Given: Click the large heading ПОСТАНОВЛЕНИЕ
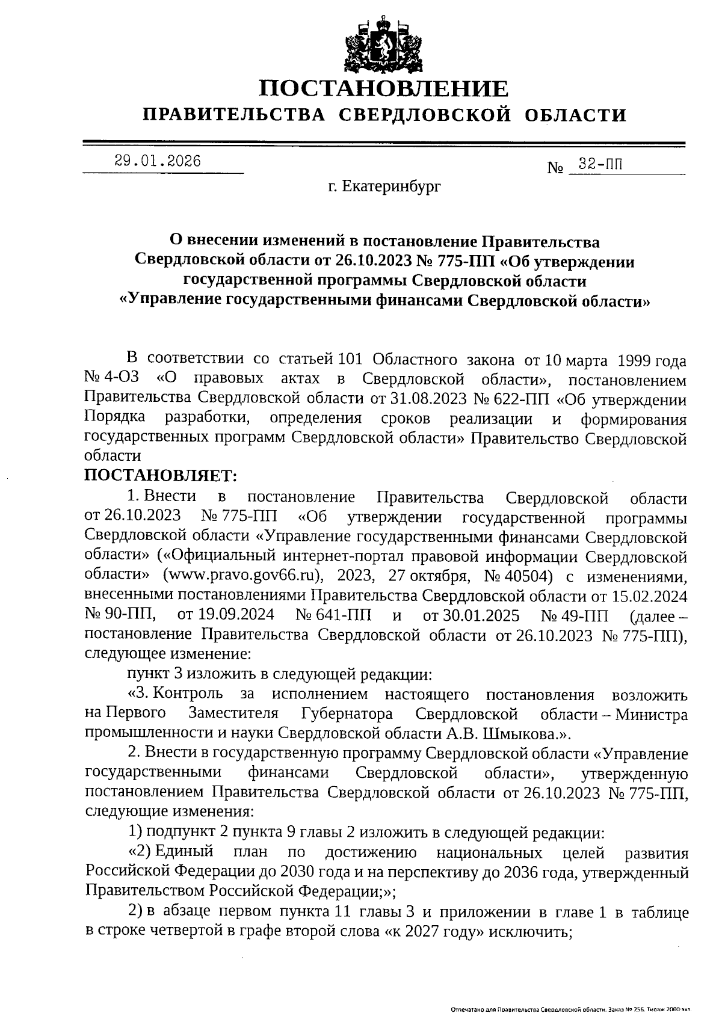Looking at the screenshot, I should coord(383,89).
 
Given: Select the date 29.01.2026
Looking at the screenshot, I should coord(158,161).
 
